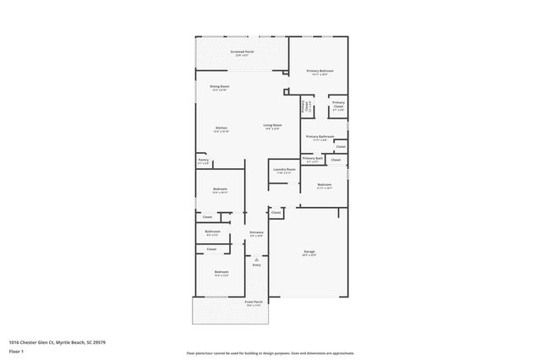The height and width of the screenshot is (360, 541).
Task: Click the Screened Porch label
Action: click(243, 52)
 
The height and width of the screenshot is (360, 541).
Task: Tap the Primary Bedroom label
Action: click(320, 72)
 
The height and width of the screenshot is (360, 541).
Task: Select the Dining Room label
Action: click(220, 86)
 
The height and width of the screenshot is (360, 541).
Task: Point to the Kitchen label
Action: click(221, 129)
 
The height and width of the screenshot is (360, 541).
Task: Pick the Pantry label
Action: click(204, 160)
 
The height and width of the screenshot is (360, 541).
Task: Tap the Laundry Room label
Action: click(284, 170)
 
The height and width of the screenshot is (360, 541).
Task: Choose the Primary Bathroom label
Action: click(320, 137)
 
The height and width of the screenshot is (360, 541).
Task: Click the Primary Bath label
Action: click(313, 159)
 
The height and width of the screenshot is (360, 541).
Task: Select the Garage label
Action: click(310, 253)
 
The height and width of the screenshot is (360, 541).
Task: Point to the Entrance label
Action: click(256, 232)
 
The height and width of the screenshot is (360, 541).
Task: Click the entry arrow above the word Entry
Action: click(256, 255)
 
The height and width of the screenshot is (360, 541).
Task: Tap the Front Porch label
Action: click(254, 303)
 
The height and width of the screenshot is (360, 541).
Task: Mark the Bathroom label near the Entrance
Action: click(213, 232)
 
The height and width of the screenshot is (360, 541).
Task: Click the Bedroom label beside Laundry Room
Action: click(325, 185)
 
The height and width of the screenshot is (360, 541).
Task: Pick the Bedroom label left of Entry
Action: click(221, 272)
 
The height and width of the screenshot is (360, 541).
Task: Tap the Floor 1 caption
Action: click(17, 351)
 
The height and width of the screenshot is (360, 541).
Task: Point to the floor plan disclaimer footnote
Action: click(270, 353)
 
